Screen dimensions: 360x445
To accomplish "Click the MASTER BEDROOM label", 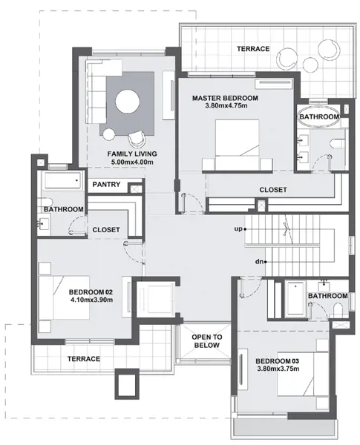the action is pyautogui.click(x=225, y=98).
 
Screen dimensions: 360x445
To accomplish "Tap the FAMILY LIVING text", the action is pyautogui.click(x=132, y=154).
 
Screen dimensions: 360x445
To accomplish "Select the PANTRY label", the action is pyautogui.click(x=106, y=185).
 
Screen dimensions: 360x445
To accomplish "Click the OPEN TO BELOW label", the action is pyautogui.click(x=207, y=341).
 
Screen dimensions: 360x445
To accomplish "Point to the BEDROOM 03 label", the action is pyautogui.click(x=278, y=361).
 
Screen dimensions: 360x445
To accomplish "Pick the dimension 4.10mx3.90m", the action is pyautogui.click(x=91, y=300).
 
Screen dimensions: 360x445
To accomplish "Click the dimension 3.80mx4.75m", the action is pyautogui.click(x=226, y=106).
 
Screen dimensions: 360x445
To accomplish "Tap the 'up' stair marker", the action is pyautogui.click(x=238, y=228).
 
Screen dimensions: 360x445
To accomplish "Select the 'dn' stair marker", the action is pyautogui.click(x=259, y=262).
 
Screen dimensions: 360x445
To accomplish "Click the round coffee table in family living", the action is pyautogui.click(x=128, y=102).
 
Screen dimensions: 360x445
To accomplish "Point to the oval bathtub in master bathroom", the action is pyautogui.click(x=318, y=116).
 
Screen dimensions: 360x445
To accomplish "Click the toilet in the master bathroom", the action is pyautogui.click(x=338, y=143).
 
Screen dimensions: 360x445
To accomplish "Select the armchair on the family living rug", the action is pyautogui.click(x=137, y=139).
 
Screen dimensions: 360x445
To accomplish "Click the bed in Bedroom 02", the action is pyautogui.click(x=65, y=297).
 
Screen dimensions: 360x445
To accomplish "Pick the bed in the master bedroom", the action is pyautogui.click(x=237, y=145).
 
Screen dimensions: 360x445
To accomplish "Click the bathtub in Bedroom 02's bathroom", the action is pyautogui.click(x=62, y=180).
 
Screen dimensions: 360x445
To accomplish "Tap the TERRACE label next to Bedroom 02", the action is pyautogui.click(x=84, y=359).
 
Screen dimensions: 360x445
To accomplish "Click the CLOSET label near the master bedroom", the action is pyautogui.click(x=273, y=190).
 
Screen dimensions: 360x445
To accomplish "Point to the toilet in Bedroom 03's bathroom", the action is pyautogui.click(x=338, y=310).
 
